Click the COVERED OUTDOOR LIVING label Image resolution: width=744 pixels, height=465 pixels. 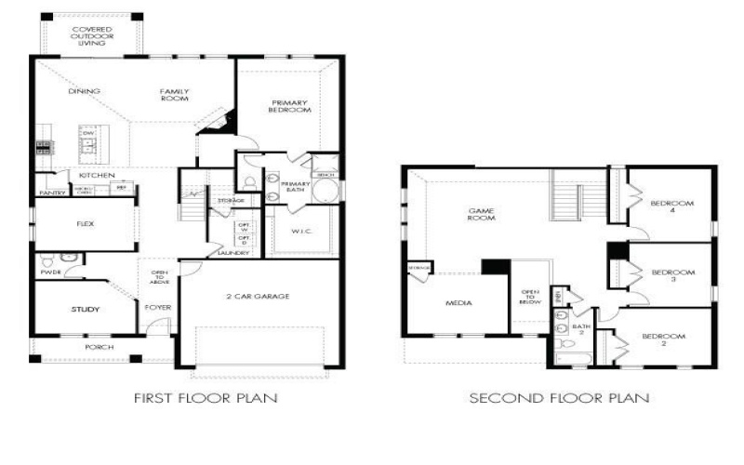point(92,36)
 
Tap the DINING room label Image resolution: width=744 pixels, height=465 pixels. point(84,91)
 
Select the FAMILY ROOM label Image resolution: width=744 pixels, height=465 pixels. point(174,95)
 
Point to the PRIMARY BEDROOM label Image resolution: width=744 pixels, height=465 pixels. point(290,105)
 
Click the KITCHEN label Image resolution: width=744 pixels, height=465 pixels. point(96,175)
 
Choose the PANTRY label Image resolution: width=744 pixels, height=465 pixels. point(51,193)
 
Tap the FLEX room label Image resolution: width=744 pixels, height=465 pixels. point(86,224)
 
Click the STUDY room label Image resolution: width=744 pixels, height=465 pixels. point(85,309)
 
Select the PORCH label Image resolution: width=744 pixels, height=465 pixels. point(99,348)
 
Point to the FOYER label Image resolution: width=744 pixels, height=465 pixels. point(158,306)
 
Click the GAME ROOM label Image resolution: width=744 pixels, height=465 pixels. point(481,215)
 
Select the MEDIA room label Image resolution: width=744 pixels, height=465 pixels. point(458,303)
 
